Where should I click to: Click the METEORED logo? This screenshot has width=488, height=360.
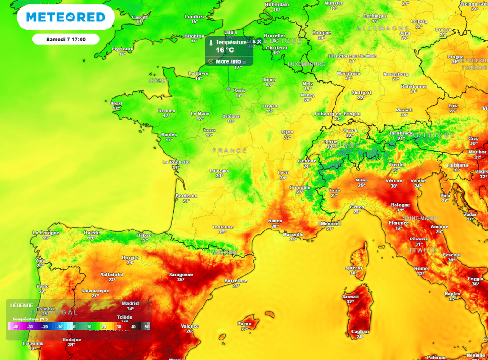point(66,18)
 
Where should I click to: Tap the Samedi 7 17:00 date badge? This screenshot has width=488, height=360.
point(66,39)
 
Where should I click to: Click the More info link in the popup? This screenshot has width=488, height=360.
point(228,61)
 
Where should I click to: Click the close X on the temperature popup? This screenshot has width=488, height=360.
point(259,42)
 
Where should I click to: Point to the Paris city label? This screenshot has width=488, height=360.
point(239,90)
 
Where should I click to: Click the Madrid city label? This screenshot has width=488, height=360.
point(131,303)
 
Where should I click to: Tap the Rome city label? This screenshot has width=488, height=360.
point(421,269)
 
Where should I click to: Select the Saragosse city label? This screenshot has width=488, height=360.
point(181,275)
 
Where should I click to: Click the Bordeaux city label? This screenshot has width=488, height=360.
point(186,196)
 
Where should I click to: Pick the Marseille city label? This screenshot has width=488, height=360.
point(293,234)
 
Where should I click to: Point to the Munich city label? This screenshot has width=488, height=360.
point(404,110)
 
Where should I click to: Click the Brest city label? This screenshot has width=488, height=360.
point(116,103)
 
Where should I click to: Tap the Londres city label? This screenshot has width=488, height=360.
point(194,17)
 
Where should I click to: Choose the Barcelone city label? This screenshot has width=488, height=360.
point(236,281)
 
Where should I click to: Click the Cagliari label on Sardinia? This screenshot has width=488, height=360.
point(360,331)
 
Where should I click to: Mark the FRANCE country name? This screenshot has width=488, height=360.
point(230,150)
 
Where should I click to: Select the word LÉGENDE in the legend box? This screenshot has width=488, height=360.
point(22,305)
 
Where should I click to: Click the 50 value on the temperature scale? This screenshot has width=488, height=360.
point(147,327)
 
